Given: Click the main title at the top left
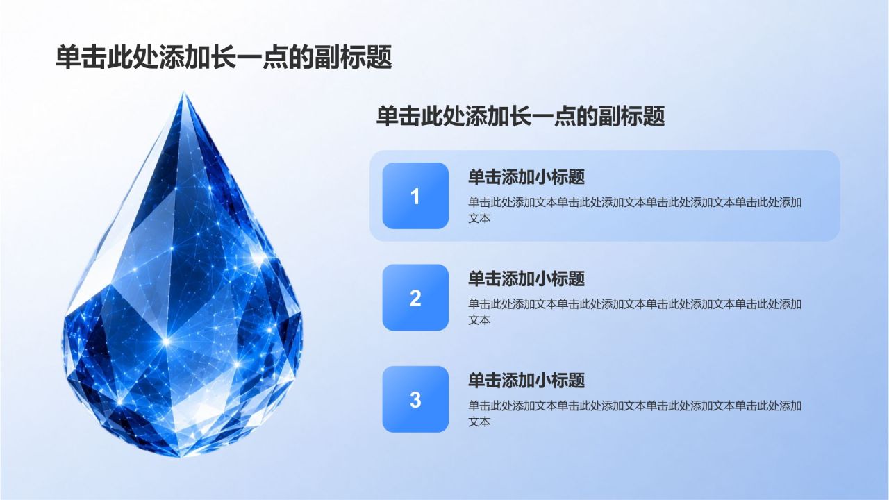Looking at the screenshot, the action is click(x=224, y=57).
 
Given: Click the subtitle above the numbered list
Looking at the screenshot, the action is click(x=520, y=116).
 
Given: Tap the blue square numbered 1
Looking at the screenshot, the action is click(x=415, y=196).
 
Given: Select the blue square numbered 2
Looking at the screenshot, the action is click(x=415, y=297).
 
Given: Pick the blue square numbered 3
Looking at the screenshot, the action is click(x=415, y=399).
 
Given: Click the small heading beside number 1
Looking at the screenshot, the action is click(x=526, y=176).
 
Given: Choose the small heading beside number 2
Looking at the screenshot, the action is click(x=526, y=278).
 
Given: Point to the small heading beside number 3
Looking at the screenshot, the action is click(x=526, y=380).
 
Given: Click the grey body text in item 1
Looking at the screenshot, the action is click(x=635, y=210).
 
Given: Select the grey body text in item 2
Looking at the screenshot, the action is click(x=635, y=312).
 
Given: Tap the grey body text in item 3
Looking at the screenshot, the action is click(x=635, y=413).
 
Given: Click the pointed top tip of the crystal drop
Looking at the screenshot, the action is click(x=183, y=92).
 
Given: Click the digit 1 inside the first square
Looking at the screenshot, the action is click(x=415, y=197).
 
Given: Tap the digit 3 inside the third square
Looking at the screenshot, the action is click(x=415, y=400).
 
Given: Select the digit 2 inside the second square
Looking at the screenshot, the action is click(x=415, y=298).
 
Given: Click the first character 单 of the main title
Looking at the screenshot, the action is click(x=67, y=57).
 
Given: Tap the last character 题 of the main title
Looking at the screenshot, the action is click(x=379, y=57).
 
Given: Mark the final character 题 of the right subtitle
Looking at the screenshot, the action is click(x=654, y=116).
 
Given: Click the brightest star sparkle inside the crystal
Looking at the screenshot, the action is click(x=166, y=340).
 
